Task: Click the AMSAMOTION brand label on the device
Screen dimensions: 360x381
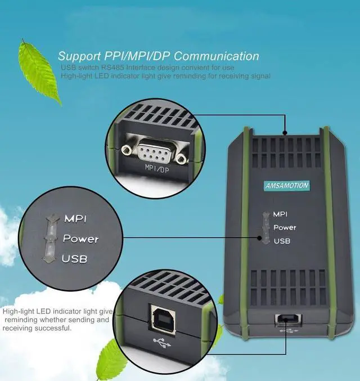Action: (x=287, y=186)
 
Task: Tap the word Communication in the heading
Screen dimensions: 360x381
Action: (x=216, y=56)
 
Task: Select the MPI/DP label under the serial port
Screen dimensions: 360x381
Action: (x=157, y=168)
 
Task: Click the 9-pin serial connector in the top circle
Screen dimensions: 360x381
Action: (x=155, y=152)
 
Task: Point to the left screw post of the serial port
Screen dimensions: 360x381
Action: (x=127, y=150)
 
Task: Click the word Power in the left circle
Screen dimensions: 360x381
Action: (x=81, y=239)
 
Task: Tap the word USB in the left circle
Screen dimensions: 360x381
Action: (x=74, y=259)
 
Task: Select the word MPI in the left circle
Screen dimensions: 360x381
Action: (x=75, y=219)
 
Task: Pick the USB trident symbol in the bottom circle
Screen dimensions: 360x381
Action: (x=162, y=343)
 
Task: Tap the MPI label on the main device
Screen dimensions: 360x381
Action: (x=280, y=214)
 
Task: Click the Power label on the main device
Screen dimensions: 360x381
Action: (x=285, y=227)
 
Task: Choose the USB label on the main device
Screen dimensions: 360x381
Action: (x=282, y=241)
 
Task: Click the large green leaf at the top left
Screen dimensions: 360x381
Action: (x=39, y=72)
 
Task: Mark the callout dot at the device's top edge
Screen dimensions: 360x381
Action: (x=285, y=133)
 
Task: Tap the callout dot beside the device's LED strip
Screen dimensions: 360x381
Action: (x=260, y=237)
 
